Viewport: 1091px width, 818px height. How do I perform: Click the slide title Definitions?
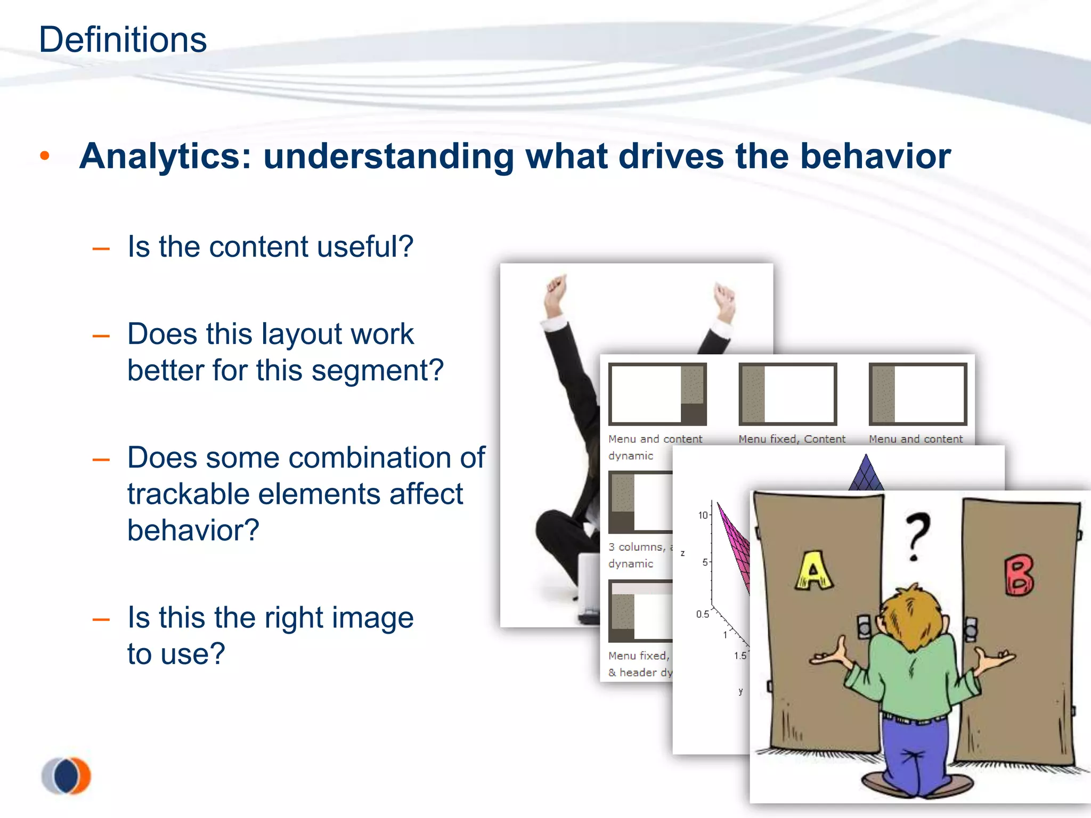(x=123, y=40)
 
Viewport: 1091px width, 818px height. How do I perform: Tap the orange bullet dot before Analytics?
(x=45, y=156)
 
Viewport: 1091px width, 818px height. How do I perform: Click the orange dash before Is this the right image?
(x=101, y=619)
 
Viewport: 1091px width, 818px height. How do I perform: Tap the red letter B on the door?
(x=1019, y=576)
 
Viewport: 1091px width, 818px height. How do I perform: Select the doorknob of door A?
(x=864, y=627)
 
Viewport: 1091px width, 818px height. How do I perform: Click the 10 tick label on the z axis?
(x=703, y=515)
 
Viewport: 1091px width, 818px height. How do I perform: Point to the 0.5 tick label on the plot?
(x=702, y=614)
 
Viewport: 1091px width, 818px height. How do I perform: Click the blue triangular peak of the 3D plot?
(x=866, y=472)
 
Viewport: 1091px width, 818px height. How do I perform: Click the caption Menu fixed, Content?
(x=792, y=439)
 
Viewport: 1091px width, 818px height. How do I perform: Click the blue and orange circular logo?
(x=66, y=775)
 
